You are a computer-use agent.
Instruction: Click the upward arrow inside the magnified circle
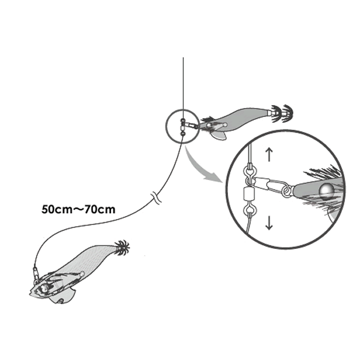point(269,154)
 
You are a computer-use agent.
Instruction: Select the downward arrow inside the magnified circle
point(269,223)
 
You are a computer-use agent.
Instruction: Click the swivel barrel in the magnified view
point(248,194)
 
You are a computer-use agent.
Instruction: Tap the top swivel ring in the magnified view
point(248,171)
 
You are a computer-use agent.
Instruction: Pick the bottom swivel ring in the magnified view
point(248,210)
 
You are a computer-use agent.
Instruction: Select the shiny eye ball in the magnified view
point(327,190)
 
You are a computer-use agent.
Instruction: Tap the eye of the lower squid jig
point(44,289)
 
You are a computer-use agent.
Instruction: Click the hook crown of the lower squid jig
point(122,248)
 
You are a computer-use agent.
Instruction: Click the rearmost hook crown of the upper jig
point(287,113)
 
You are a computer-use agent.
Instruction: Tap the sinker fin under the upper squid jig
point(219,136)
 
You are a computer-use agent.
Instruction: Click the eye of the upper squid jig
point(209,125)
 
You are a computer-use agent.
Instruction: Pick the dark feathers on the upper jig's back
point(208,119)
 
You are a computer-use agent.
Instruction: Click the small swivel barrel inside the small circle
point(183,127)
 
